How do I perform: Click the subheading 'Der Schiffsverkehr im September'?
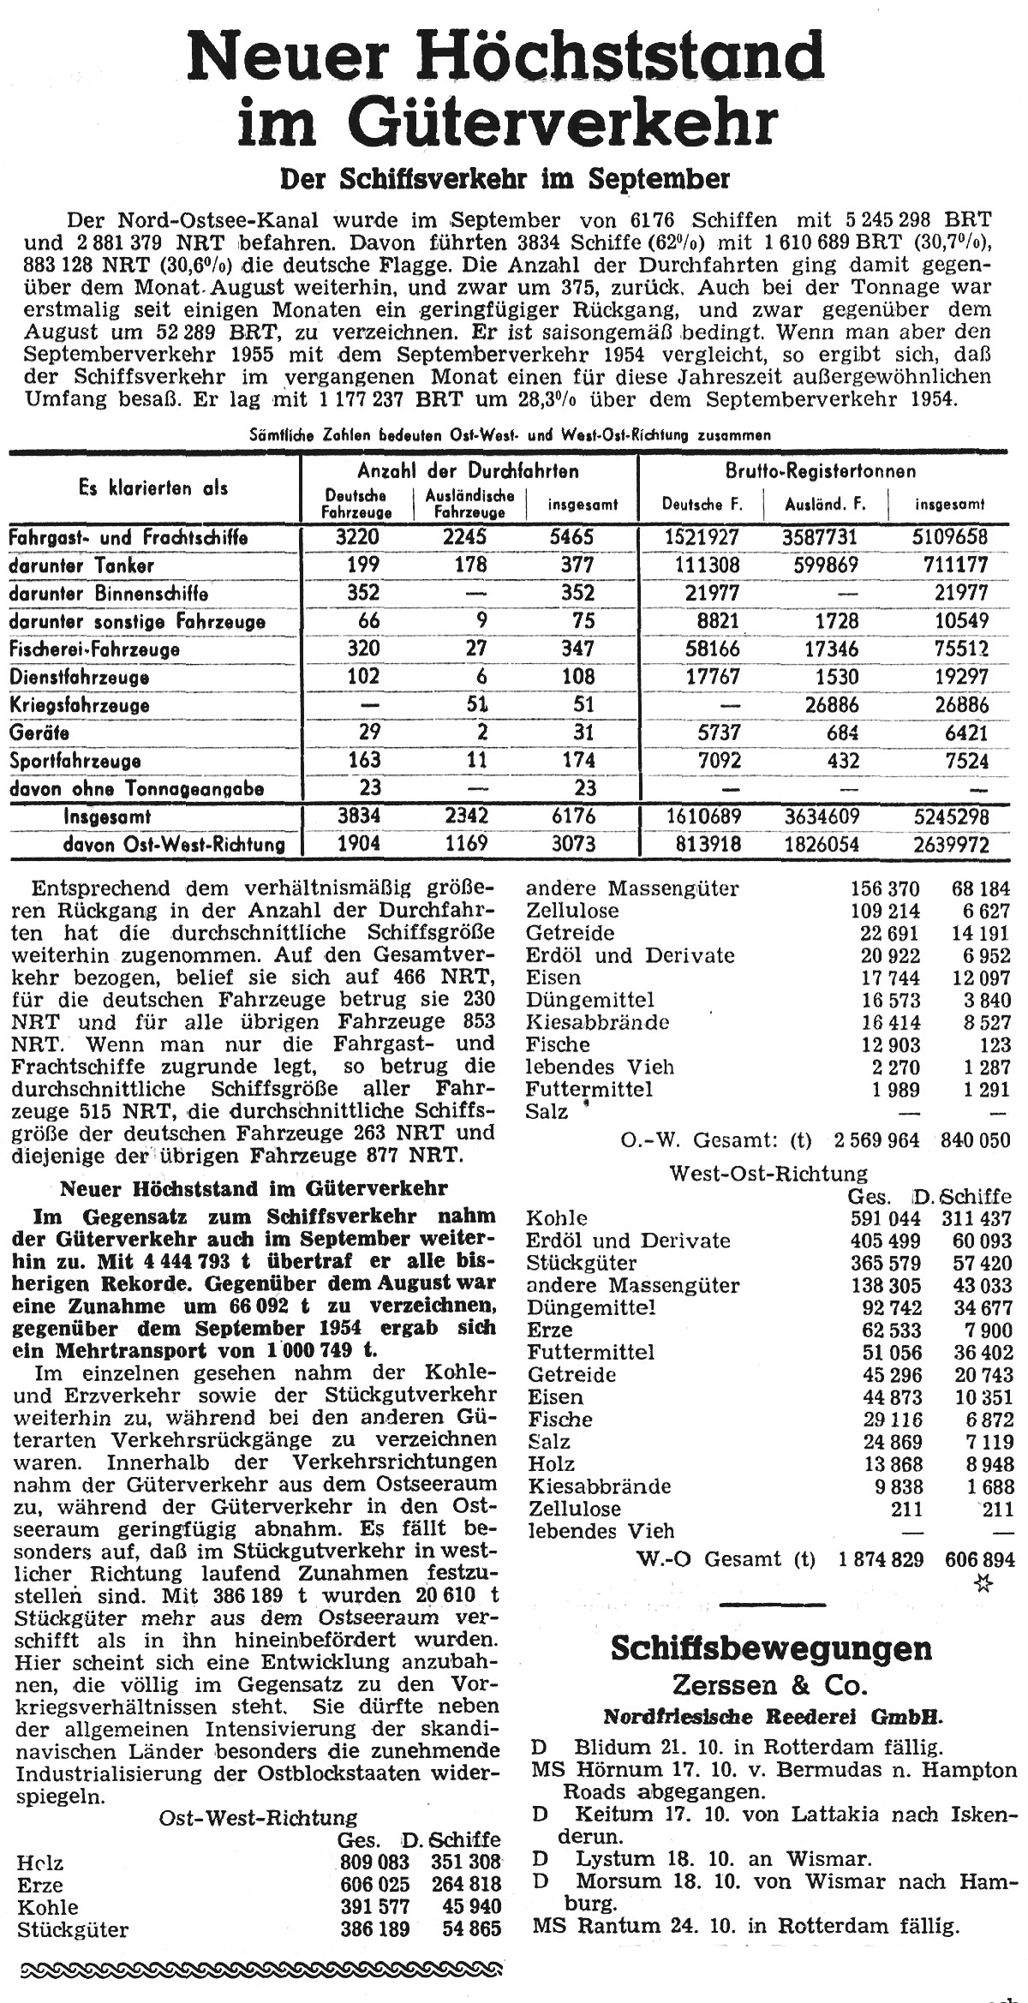505,178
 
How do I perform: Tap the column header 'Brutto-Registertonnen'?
820,470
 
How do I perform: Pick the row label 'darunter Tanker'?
81,565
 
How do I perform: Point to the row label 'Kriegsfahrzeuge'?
79,705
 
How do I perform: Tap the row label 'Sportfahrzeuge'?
75,761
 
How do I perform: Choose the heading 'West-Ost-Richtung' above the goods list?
768,1173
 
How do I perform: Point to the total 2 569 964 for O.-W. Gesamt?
876,1140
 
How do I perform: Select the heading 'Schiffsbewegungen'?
771,1649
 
